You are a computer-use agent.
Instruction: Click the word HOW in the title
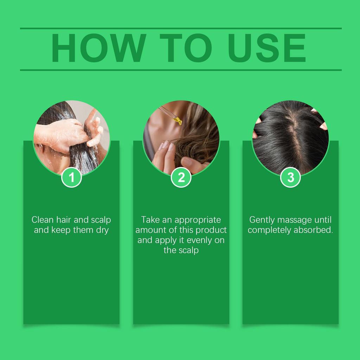(99, 48)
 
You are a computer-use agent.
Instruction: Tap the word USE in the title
(267, 48)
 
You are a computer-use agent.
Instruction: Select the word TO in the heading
(186, 48)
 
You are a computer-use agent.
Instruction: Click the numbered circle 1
(71, 177)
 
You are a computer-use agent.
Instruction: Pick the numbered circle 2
(181, 177)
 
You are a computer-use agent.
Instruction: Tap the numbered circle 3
(291, 177)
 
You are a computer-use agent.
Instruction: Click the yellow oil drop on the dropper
(178, 121)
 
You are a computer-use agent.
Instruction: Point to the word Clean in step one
(43, 220)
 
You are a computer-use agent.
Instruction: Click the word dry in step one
(102, 230)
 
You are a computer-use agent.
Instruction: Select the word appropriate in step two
(198, 220)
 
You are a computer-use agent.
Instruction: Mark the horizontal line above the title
(181, 28)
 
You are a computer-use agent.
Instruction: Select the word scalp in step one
(101, 220)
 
